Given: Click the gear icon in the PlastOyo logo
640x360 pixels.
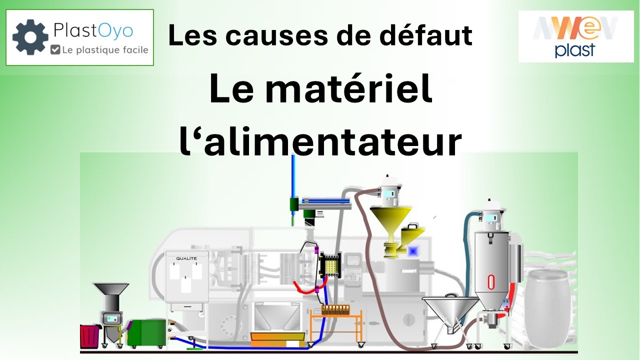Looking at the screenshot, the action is pyautogui.click(x=30, y=37).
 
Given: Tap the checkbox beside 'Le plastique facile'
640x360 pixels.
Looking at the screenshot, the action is pyautogui.click(x=55, y=49).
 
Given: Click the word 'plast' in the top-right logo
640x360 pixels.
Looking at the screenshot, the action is pyautogui.click(x=574, y=50).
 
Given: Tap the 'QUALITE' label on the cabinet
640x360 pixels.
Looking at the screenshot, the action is pyautogui.click(x=186, y=258).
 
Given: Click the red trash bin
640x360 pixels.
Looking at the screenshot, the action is pyautogui.click(x=90, y=336).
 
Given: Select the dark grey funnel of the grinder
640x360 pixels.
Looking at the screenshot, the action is pyautogui.click(x=111, y=288).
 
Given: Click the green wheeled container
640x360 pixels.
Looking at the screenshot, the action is pyautogui.click(x=147, y=333).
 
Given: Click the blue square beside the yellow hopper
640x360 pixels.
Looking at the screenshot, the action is pyautogui.click(x=412, y=251).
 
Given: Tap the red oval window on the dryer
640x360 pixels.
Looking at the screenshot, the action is pyautogui.click(x=491, y=281).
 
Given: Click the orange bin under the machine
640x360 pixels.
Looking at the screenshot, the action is pyautogui.click(x=277, y=339).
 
